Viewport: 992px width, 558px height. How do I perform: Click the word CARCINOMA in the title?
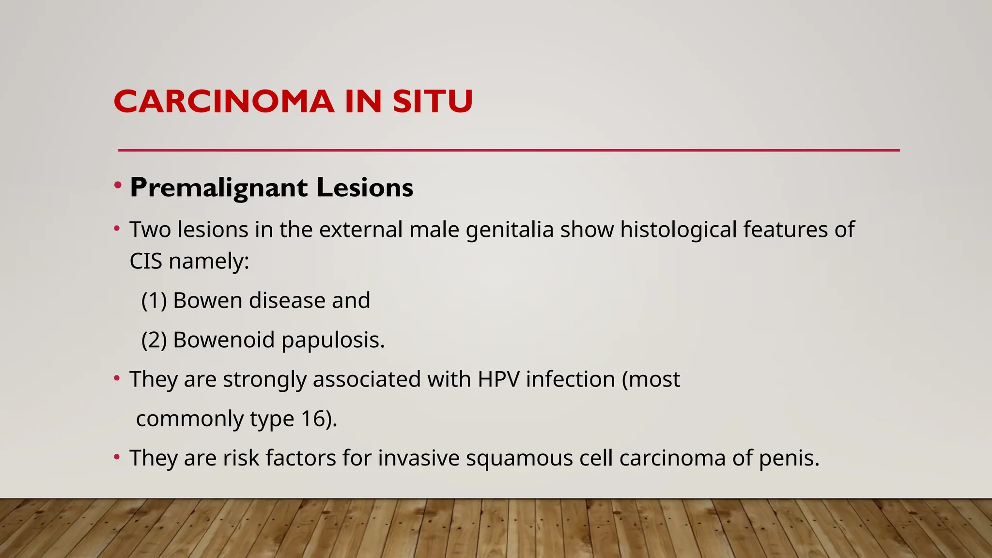pos(224,102)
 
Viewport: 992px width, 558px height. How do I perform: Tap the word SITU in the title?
pos(432,102)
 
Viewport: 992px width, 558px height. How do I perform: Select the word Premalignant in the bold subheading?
pos(218,188)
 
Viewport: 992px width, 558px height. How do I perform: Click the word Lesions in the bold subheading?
pos(364,188)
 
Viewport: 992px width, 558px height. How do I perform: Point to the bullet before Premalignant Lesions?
pos(117,185)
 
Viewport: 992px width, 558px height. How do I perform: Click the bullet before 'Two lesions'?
pos(117,228)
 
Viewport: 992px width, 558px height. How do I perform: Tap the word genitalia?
pos(510,230)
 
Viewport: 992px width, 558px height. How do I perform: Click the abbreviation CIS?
pos(145,262)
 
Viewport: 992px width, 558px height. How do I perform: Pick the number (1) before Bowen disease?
pos(154,301)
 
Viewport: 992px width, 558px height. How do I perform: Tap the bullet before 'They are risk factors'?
pos(117,457)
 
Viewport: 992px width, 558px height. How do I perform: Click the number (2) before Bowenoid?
pos(154,340)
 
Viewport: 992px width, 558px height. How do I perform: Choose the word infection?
pos(570,379)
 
